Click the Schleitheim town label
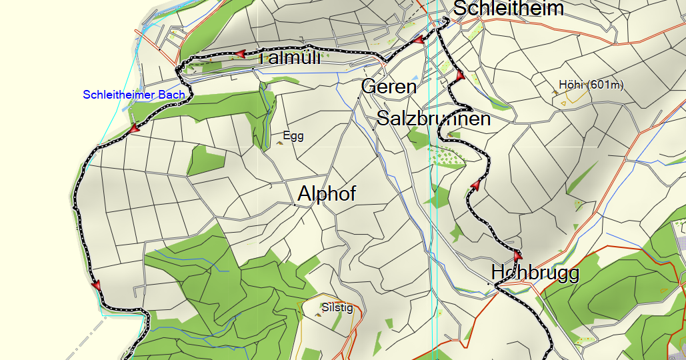(x=508, y=9)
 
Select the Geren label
(x=389, y=87)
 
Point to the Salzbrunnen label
(x=433, y=119)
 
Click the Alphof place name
(x=327, y=194)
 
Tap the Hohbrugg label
(x=535, y=272)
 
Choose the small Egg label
(x=293, y=136)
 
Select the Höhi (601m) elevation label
(x=591, y=85)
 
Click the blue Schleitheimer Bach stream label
(x=133, y=95)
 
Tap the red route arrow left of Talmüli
(x=238, y=54)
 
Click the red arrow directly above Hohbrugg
(x=517, y=255)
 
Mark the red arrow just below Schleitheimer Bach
(x=134, y=127)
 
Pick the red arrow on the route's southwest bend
(x=97, y=285)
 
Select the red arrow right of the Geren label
(x=459, y=75)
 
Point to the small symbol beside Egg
(x=279, y=142)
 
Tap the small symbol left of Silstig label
(x=318, y=313)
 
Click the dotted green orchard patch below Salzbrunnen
(x=445, y=157)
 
